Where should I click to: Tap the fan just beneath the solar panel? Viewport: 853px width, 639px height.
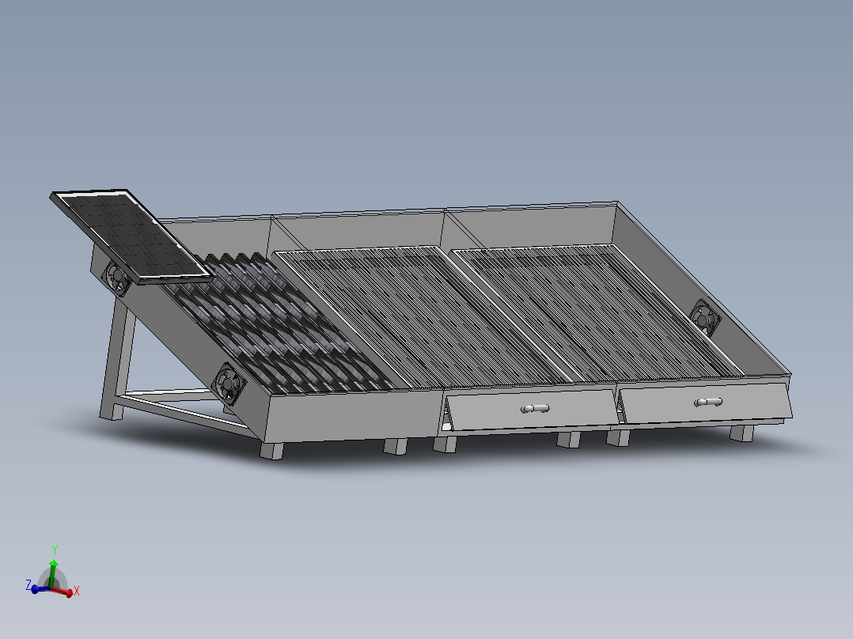116,278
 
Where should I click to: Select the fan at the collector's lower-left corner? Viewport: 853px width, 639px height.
230,382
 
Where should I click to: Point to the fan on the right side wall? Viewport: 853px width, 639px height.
704,317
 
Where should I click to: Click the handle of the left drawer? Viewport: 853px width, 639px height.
535,408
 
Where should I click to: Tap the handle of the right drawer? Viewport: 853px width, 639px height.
708,402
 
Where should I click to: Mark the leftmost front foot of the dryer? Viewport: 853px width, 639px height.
271,450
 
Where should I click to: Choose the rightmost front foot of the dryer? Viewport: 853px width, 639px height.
741,433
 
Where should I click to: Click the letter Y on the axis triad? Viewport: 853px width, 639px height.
54,549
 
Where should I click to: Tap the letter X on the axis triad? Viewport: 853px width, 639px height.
77,591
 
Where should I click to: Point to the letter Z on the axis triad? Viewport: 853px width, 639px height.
28,584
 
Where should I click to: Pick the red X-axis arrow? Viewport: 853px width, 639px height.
65,590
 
